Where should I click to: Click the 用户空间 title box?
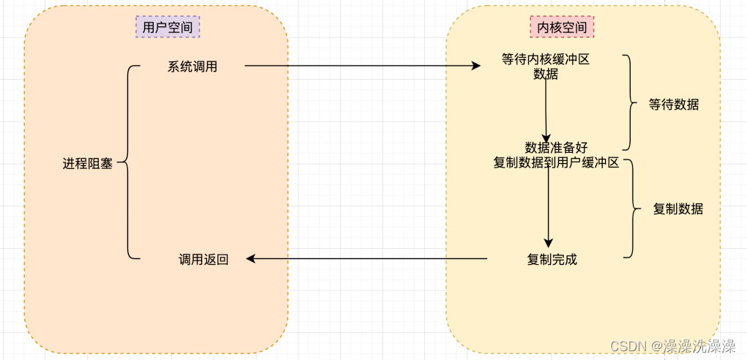pos(168,27)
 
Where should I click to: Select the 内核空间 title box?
pos(562,27)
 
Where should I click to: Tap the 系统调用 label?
pos(192,67)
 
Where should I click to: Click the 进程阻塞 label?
pos(88,164)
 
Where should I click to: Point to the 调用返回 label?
pos(204,259)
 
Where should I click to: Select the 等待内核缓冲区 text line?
pos(546,60)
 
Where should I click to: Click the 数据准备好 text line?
pos(556,148)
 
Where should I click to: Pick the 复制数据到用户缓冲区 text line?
pos(556,163)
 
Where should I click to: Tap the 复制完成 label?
pos(552,259)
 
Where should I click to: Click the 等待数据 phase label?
pos(674,105)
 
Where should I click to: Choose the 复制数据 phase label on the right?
pos(677,209)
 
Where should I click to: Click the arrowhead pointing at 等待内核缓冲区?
pos(476,66)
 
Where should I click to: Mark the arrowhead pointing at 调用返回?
pos(251,258)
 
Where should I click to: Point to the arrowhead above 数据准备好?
pos(547,137)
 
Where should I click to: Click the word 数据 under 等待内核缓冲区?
pos(546,74)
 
